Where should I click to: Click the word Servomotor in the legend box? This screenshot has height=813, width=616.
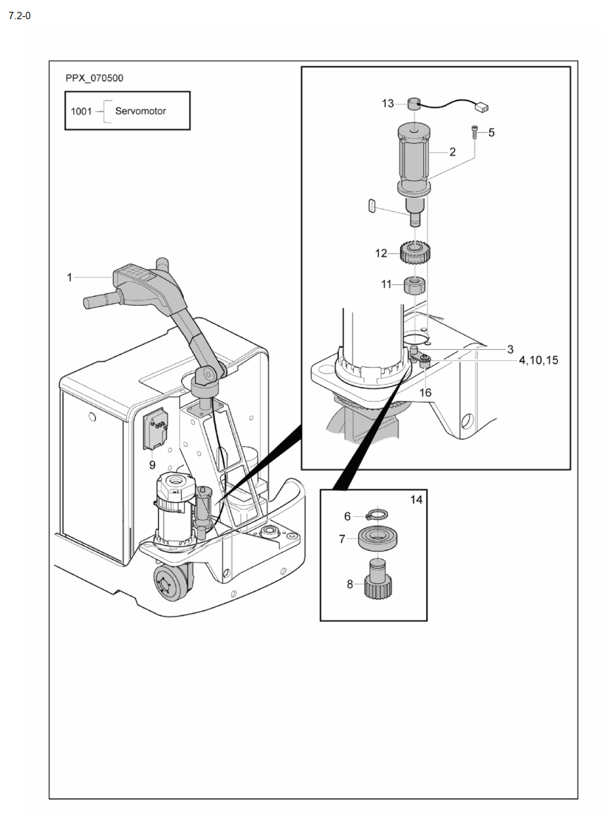pos(140,111)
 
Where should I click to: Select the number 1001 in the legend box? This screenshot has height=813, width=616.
pos(81,111)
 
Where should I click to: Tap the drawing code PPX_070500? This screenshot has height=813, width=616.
pos(95,78)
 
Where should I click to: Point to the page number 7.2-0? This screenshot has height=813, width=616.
pos(20,16)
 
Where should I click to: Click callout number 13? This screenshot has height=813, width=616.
pos(388,103)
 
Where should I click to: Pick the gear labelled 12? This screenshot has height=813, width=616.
pos(417,253)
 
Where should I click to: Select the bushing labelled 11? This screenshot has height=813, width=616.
pos(415,284)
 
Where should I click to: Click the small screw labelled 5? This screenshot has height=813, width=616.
pos(475,131)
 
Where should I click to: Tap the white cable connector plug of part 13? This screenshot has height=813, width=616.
pos(482,108)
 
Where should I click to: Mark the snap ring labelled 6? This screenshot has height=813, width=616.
pos(377,515)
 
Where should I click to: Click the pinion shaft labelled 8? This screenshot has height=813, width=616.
pos(377,579)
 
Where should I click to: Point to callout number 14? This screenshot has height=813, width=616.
pos(417,500)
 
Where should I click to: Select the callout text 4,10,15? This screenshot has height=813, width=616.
pos(538,360)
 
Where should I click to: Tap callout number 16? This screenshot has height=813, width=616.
pos(425,393)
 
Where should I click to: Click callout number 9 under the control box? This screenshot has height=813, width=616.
pos(152,464)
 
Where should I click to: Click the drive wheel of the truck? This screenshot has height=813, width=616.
pos(171,583)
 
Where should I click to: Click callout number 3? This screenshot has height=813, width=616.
pos(510,349)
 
